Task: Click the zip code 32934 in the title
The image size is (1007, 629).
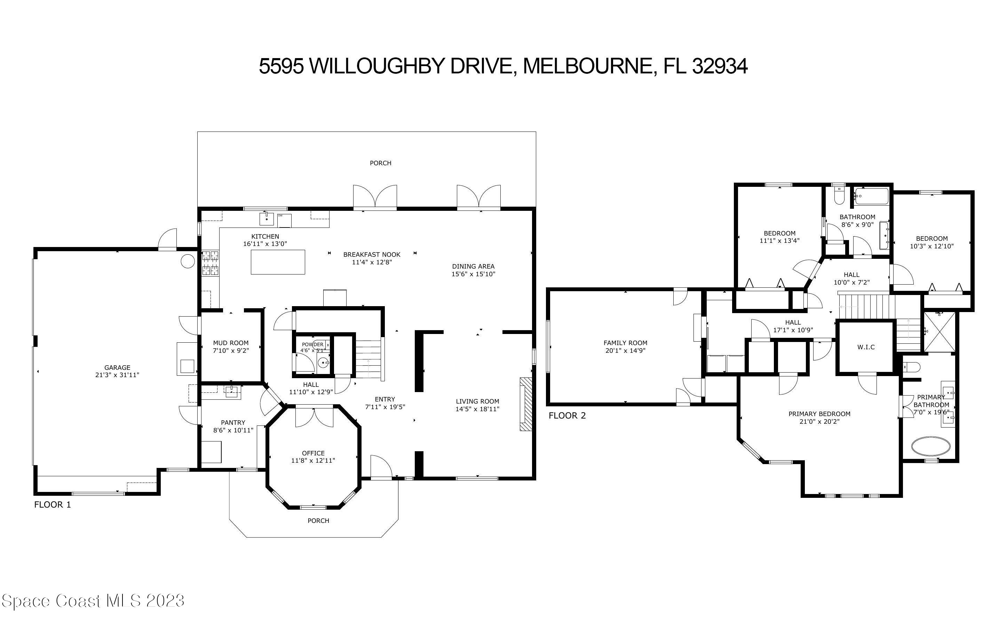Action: [x=720, y=66]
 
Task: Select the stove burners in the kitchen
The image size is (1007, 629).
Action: [x=211, y=263]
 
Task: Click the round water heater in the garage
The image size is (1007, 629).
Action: [x=188, y=261]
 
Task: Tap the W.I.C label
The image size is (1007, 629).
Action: [x=866, y=347]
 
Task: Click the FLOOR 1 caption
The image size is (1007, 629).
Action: [x=53, y=504]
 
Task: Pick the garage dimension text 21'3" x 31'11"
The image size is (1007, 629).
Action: [x=117, y=375]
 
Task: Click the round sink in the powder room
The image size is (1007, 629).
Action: [x=324, y=364]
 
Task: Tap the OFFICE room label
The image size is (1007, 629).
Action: [x=313, y=453]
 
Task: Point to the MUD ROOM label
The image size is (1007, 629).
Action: [x=230, y=343]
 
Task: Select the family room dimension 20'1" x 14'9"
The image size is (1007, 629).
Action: [x=625, y=350]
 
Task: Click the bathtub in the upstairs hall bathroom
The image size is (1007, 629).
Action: [x=871, y=196]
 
